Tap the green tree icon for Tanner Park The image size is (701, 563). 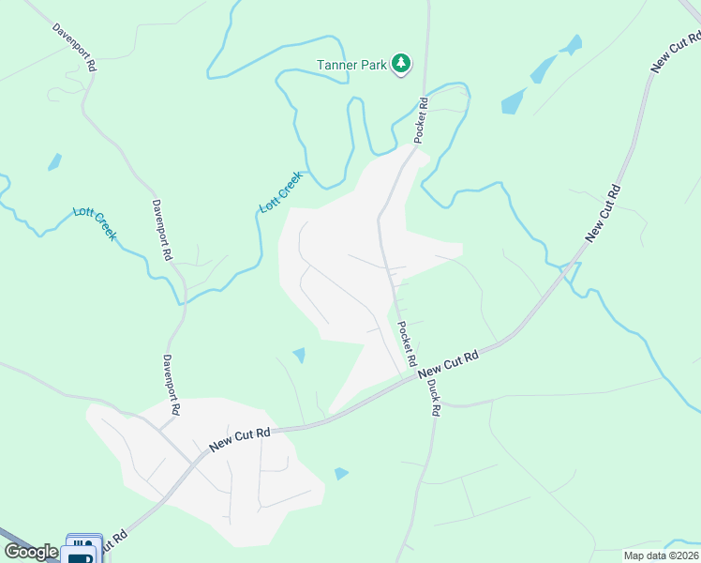click(x=401, y=62)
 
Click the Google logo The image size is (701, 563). click(x=31, y=552)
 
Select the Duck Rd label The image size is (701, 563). click(x=433, y=396)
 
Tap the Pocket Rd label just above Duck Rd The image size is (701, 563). click(x=406, y=344)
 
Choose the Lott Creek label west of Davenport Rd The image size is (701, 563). click(x=95, y=222)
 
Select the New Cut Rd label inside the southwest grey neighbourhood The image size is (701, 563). click(x=240, y=438)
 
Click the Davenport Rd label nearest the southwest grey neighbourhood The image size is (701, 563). click(x=171, y=385)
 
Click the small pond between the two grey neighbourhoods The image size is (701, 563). click(x=299, y=355)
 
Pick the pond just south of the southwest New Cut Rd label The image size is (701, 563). click(x=341, y=474)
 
